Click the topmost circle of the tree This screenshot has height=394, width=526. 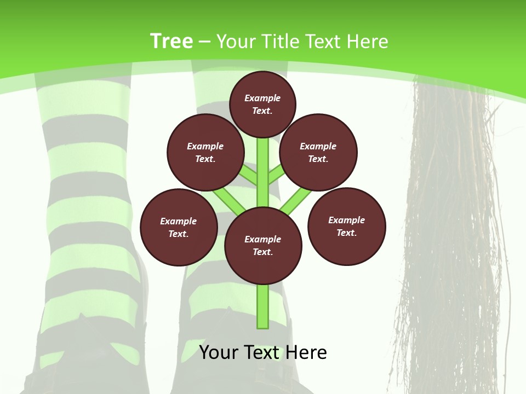point(262,104)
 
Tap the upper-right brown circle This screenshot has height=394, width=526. point(318,153)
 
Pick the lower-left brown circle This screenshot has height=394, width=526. point(179,227)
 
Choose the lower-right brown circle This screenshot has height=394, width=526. point(346,226)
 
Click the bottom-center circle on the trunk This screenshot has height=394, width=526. point(263,246)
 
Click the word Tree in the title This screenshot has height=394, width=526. point(171,41)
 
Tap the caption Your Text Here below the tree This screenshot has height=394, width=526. point(263,352)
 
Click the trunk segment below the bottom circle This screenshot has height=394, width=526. point(263,306)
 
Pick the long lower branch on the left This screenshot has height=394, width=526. point(229,200)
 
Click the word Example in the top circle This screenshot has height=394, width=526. point(262,98)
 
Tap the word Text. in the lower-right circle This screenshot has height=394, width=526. point(346,233)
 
